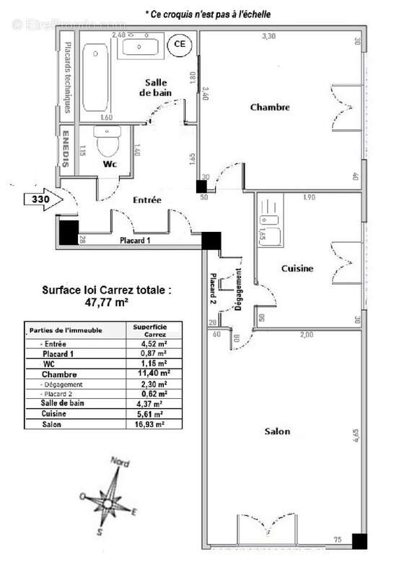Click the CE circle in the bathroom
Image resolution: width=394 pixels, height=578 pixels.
pos(178,45)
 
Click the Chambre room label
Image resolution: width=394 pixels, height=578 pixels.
pos(269,108)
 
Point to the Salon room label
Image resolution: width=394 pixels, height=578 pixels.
pos(277,431)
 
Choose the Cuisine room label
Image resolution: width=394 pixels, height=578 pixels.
pos(297,269)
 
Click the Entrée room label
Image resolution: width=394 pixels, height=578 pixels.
pos(147,199)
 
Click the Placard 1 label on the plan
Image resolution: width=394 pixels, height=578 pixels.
pos(135,241)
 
